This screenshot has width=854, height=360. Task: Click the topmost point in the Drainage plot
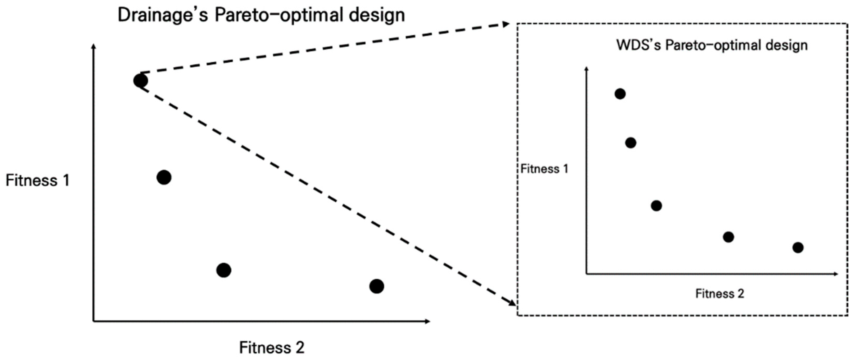tap(141, 81)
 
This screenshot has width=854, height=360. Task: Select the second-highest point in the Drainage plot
tap(164, 177)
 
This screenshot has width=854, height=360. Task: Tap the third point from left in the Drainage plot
tap(224, 270)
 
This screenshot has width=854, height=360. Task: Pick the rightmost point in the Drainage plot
tap(377, 286)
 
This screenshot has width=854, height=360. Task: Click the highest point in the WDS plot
tap(620, 94)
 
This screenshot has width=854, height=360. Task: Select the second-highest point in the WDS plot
tap(630, 143)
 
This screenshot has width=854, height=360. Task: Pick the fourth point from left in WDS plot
tap(728, 237)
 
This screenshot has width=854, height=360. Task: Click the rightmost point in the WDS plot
tap(798, 247)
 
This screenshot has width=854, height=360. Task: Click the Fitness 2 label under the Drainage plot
tap(271, 348)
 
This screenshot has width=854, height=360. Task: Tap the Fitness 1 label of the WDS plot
tap(544, 169)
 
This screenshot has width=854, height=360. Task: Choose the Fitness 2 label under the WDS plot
tap(720, 294)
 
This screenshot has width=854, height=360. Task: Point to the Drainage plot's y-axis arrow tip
tap(94, 46)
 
